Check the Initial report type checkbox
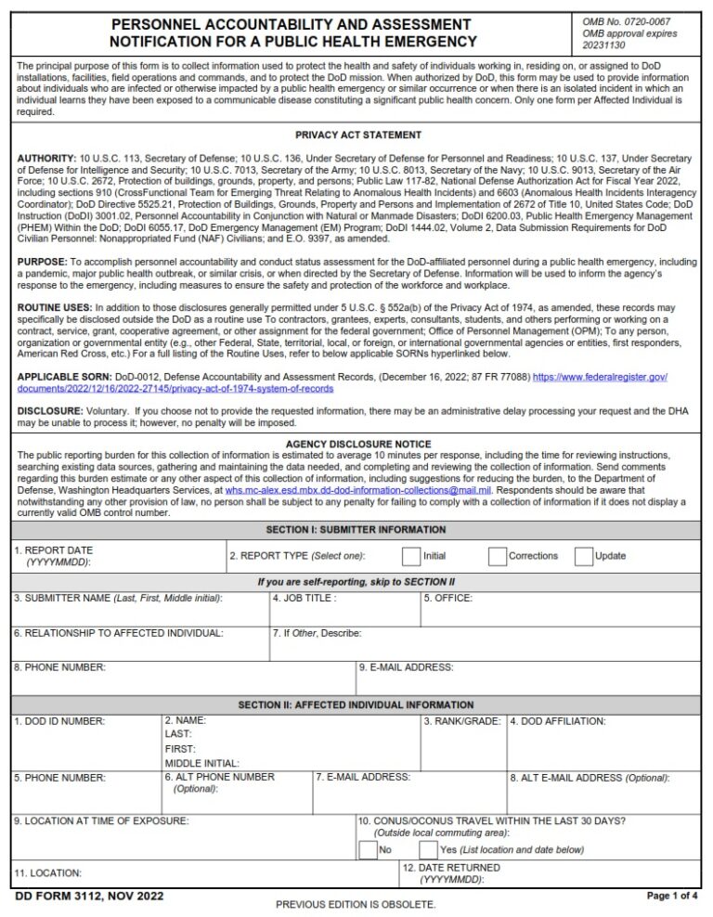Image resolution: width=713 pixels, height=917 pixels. click(410, 556)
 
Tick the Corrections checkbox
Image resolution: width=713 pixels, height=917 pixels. click(498, 556)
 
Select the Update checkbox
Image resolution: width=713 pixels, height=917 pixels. click(583, 556)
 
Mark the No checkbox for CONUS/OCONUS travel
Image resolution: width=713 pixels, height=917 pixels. click(368, 849)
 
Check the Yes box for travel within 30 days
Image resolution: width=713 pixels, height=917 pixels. click(428, 849)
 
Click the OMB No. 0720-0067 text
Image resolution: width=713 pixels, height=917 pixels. click(626, 21)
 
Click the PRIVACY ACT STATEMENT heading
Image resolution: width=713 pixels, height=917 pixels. click(357, 135)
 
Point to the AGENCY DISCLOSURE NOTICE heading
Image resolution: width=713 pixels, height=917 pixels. click(357, 445)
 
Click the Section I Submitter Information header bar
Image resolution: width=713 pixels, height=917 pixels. click(357, 530)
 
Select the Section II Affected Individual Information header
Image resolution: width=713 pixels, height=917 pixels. click(357, 705)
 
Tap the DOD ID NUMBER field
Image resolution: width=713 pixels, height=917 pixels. click(86, 743)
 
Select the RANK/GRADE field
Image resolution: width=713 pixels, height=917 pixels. click(462, 743)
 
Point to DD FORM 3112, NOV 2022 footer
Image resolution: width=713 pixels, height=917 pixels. click(90, 896)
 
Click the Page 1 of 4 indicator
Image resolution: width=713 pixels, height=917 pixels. click(673, 896)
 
